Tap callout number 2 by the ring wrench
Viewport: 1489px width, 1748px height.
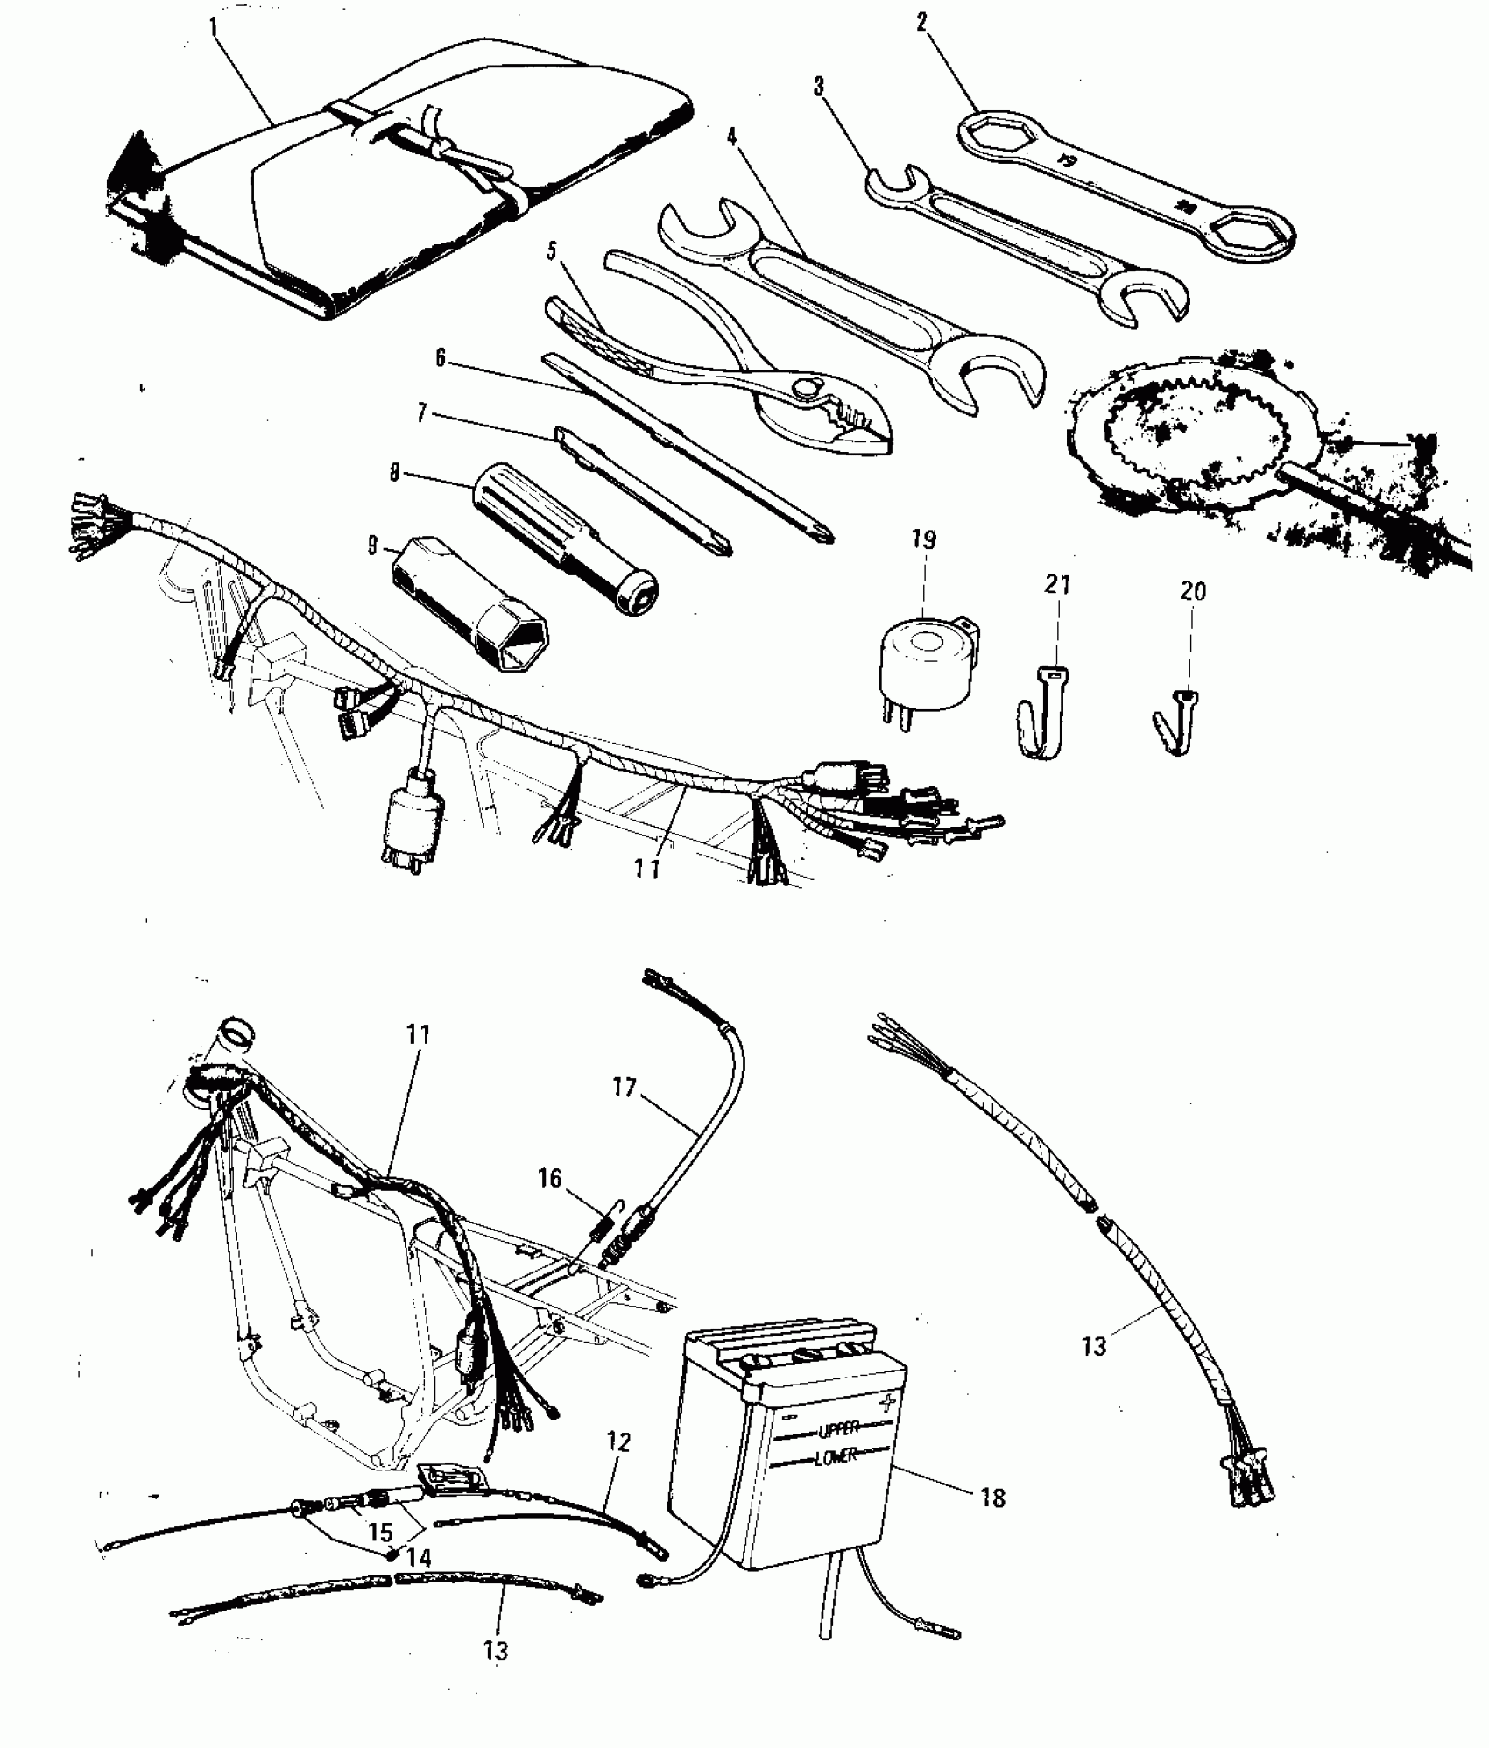coord(921,22)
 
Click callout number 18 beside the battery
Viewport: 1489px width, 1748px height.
coord(992,1498)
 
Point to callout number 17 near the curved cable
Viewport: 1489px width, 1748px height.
coord(625,1089)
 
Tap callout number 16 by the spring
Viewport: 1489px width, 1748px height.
coord(550,1178)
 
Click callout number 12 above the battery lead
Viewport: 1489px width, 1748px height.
coord(618,1442)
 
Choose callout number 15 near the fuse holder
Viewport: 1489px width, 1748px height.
coord(380,1533)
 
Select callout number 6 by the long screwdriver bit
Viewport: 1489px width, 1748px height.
coord(441,358)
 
